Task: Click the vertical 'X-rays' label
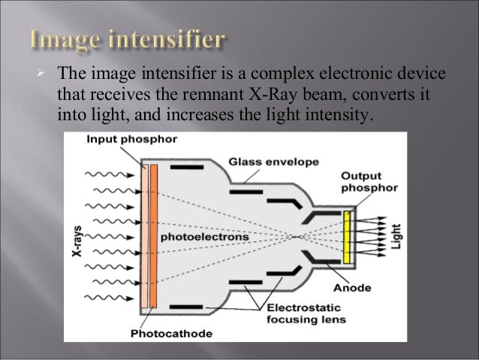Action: (76, 236)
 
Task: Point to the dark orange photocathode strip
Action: (153, 235)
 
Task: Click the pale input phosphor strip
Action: (144, 235)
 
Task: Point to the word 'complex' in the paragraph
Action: (285, 75)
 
